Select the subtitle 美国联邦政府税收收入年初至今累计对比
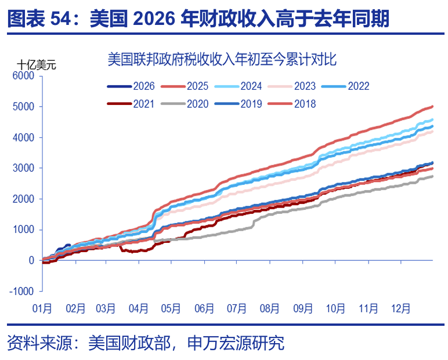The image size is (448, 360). click(223, 59)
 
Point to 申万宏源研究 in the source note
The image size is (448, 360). click(236, 343)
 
